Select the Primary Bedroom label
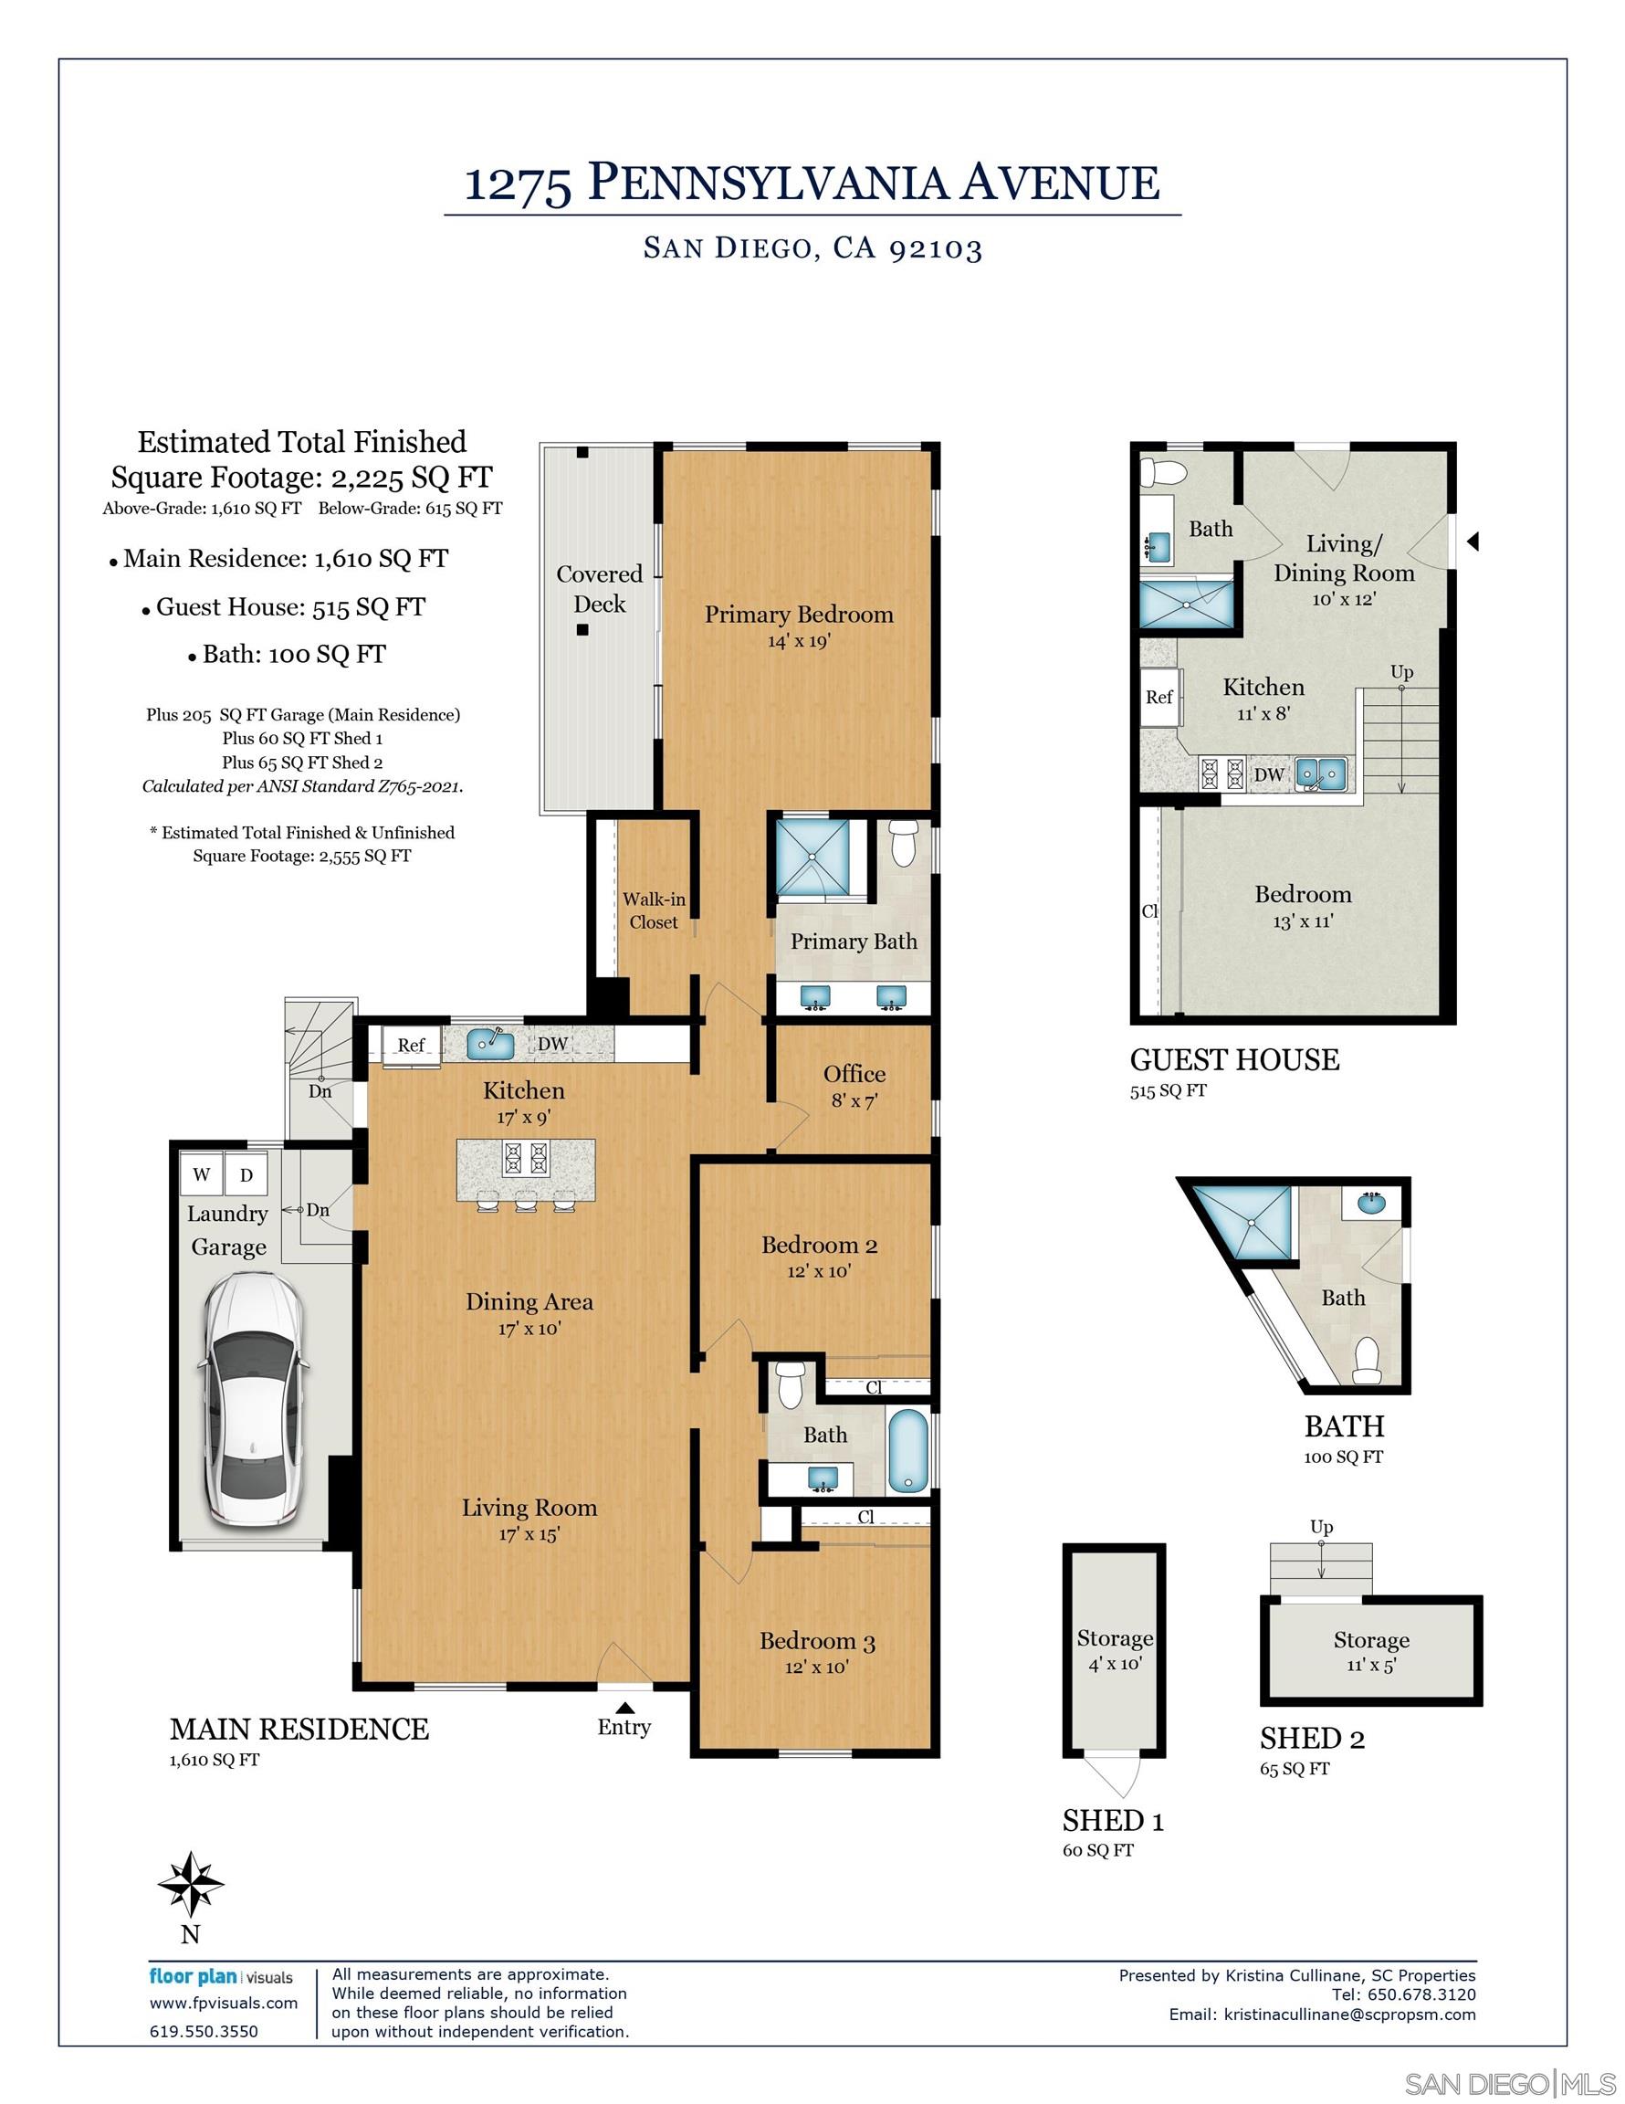[799, 615]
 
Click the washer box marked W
[202, 1174]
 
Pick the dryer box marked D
[246, 1174]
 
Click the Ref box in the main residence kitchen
[412, 1046]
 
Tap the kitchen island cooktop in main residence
[525, 1158]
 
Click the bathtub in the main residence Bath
[907, 1451]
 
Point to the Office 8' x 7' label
[854, 1086]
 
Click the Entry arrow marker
[624, 1706]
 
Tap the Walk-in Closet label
[653, 910]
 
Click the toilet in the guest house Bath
[1158, 472]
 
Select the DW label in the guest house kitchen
[1269, 774]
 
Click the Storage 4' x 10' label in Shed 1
[1115, 1650]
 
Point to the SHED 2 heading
[1312, 1739]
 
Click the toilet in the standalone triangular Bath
[1368, 1360]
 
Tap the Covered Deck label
[599, 589]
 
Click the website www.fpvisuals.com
[224, 2003]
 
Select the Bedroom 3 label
[817, 1642]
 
